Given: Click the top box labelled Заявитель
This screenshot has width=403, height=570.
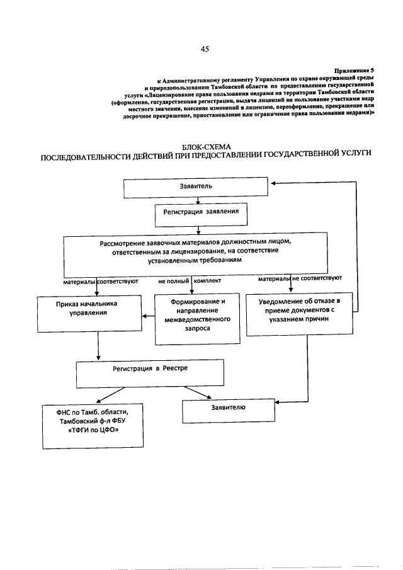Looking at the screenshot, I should click(x=199, y=188).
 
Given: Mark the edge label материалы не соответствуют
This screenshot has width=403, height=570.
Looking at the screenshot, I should click(x=300, y=277).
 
